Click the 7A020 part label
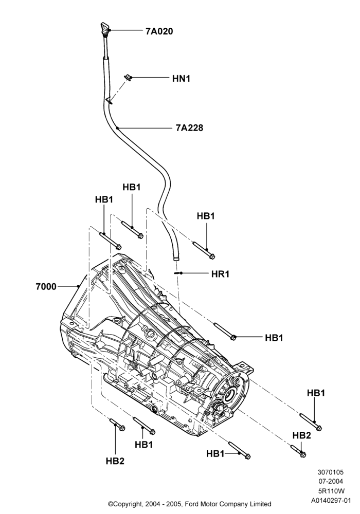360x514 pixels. click(x=159, y=31)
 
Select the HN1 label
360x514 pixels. click(x=182, y=79)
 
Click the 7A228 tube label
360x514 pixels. click(x=189, y=127)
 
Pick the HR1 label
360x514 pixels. click(x=220, y=274)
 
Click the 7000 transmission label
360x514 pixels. click(x=46, y=286)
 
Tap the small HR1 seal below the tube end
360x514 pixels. click(x=177, y=273)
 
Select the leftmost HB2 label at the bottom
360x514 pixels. click(x=115, y=461)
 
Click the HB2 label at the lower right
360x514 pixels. click(x=301, y=435)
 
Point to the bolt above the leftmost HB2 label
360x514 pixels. click(x=117, y=425)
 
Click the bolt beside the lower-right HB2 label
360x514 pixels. click(x=298, y=450)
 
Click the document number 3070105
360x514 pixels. click(x=331, y=472)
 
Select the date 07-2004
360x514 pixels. click(x=331, y=482)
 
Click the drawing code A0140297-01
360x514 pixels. click(x=331, y=501)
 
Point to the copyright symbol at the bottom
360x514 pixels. click(x=111, y=504)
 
